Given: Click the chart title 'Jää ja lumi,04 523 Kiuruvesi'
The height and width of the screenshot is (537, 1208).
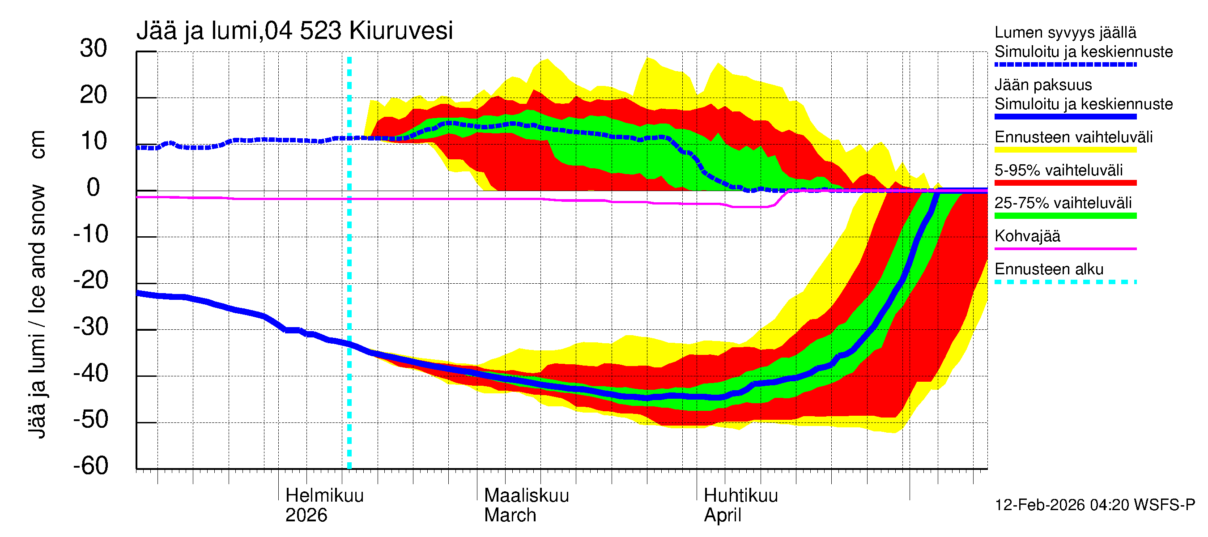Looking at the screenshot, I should [x=294, y=31].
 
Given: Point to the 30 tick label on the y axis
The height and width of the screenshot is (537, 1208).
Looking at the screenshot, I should [x=94, y=48].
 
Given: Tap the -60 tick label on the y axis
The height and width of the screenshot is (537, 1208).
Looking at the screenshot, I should [x=90, y=466].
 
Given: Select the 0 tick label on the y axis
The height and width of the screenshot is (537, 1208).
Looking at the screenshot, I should [x=94, y=188].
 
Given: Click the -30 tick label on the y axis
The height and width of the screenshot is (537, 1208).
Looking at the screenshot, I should [x=90, y=327].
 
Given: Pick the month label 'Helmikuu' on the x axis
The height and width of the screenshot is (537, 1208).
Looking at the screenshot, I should [x=324, y=495].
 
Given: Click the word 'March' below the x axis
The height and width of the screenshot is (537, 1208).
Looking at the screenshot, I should [x=510, y=515].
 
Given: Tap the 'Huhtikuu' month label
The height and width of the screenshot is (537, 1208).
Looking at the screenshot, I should [x=740, y=495].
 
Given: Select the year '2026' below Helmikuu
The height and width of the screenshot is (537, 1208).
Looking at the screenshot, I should [x=306, y=515].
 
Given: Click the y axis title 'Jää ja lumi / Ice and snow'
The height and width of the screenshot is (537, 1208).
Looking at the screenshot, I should [x=38, y=311].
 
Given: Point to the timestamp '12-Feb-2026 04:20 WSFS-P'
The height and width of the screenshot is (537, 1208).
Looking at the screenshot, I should [x=1094, y=505].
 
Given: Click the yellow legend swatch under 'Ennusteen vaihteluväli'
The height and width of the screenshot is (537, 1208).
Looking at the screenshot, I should [x=1065, y=149].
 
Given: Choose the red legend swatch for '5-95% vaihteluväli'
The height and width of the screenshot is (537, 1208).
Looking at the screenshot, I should [x=1065, y=183].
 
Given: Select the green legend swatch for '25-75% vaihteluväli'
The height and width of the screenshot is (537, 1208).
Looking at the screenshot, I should [x=1065, y=216].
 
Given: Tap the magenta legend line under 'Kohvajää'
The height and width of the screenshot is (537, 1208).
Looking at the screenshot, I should [x=1065, y=248].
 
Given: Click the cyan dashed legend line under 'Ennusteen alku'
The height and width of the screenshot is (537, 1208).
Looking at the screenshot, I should [x=1065, y=282].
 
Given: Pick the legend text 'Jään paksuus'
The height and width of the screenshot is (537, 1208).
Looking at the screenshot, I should [x=1043, y=85].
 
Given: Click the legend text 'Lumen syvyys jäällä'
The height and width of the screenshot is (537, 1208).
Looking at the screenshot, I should [x=1065, y=32].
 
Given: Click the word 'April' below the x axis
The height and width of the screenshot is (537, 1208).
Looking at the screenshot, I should [x=722, y=515].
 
